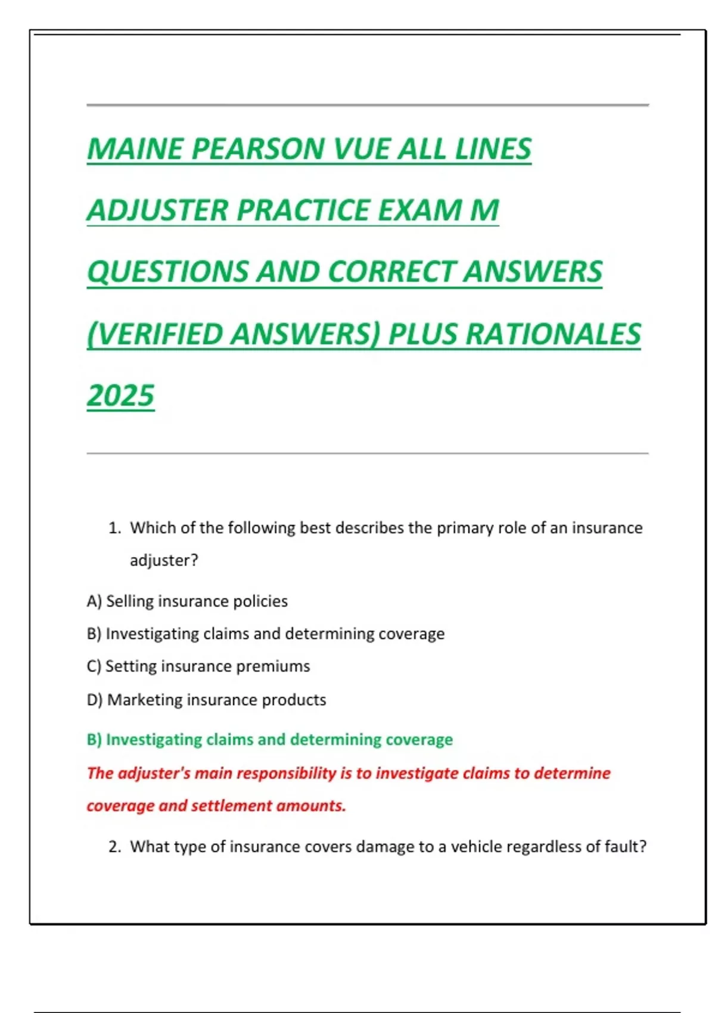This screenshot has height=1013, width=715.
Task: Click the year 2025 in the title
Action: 120,396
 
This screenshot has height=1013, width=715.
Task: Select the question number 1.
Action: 114,528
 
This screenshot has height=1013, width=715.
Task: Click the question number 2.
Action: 114,847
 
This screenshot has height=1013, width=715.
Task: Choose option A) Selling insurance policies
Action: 187,601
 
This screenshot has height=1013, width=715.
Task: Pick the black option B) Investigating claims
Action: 265,633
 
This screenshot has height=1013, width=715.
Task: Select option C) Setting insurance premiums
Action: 198,666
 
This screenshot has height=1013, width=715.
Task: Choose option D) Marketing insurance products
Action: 206,700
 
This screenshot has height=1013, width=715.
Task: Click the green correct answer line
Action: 269,739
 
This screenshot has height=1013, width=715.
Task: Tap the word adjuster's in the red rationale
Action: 154,773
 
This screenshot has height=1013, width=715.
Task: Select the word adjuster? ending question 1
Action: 164,561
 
